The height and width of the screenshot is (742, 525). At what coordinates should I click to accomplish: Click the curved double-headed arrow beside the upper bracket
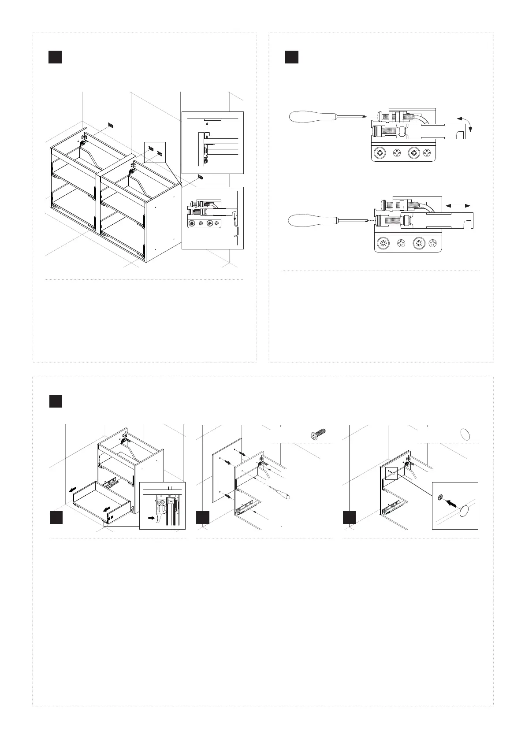pyautogui.click(x=465, y=123)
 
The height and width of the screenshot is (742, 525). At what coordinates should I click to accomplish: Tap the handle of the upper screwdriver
pyautogui.click(x=310, y=117)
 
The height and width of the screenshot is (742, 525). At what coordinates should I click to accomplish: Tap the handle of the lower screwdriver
pyautogui.click(x=310, y=219)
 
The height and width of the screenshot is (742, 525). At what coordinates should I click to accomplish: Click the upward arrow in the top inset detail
pyautogui.click(x=207, y=128)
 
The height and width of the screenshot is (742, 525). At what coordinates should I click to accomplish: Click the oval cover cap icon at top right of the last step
pyautogui.click(x=465, y=434)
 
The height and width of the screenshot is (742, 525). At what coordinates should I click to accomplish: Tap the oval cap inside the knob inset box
pyautogui.click(x=464, y=512)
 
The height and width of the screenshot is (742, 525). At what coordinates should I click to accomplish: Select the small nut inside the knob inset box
pyautogui.click(x=440, y=497)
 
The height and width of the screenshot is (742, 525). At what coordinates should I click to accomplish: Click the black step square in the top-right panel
pyautogui.click(x=291, y=57)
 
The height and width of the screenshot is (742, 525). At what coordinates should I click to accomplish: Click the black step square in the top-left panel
pyautogui.click(x=55, y=57)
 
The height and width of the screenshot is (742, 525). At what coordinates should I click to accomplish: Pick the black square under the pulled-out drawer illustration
pyautogui.click(x=56, y=517)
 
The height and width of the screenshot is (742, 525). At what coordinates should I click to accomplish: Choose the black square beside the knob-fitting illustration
pyautogui.click(x=349, y=517)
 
